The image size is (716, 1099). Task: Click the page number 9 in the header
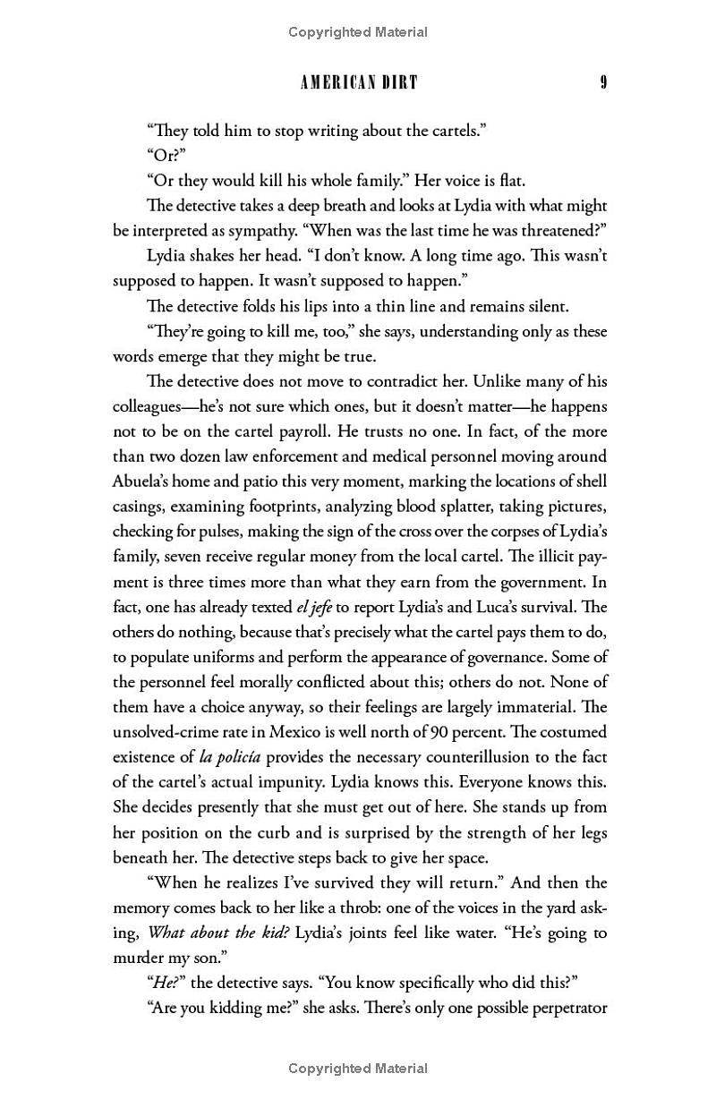pos(604,83)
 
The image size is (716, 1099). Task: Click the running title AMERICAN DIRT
pos(359,83)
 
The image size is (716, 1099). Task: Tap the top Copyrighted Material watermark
pos(358,32)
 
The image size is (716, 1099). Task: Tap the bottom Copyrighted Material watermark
pos(358,1068)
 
